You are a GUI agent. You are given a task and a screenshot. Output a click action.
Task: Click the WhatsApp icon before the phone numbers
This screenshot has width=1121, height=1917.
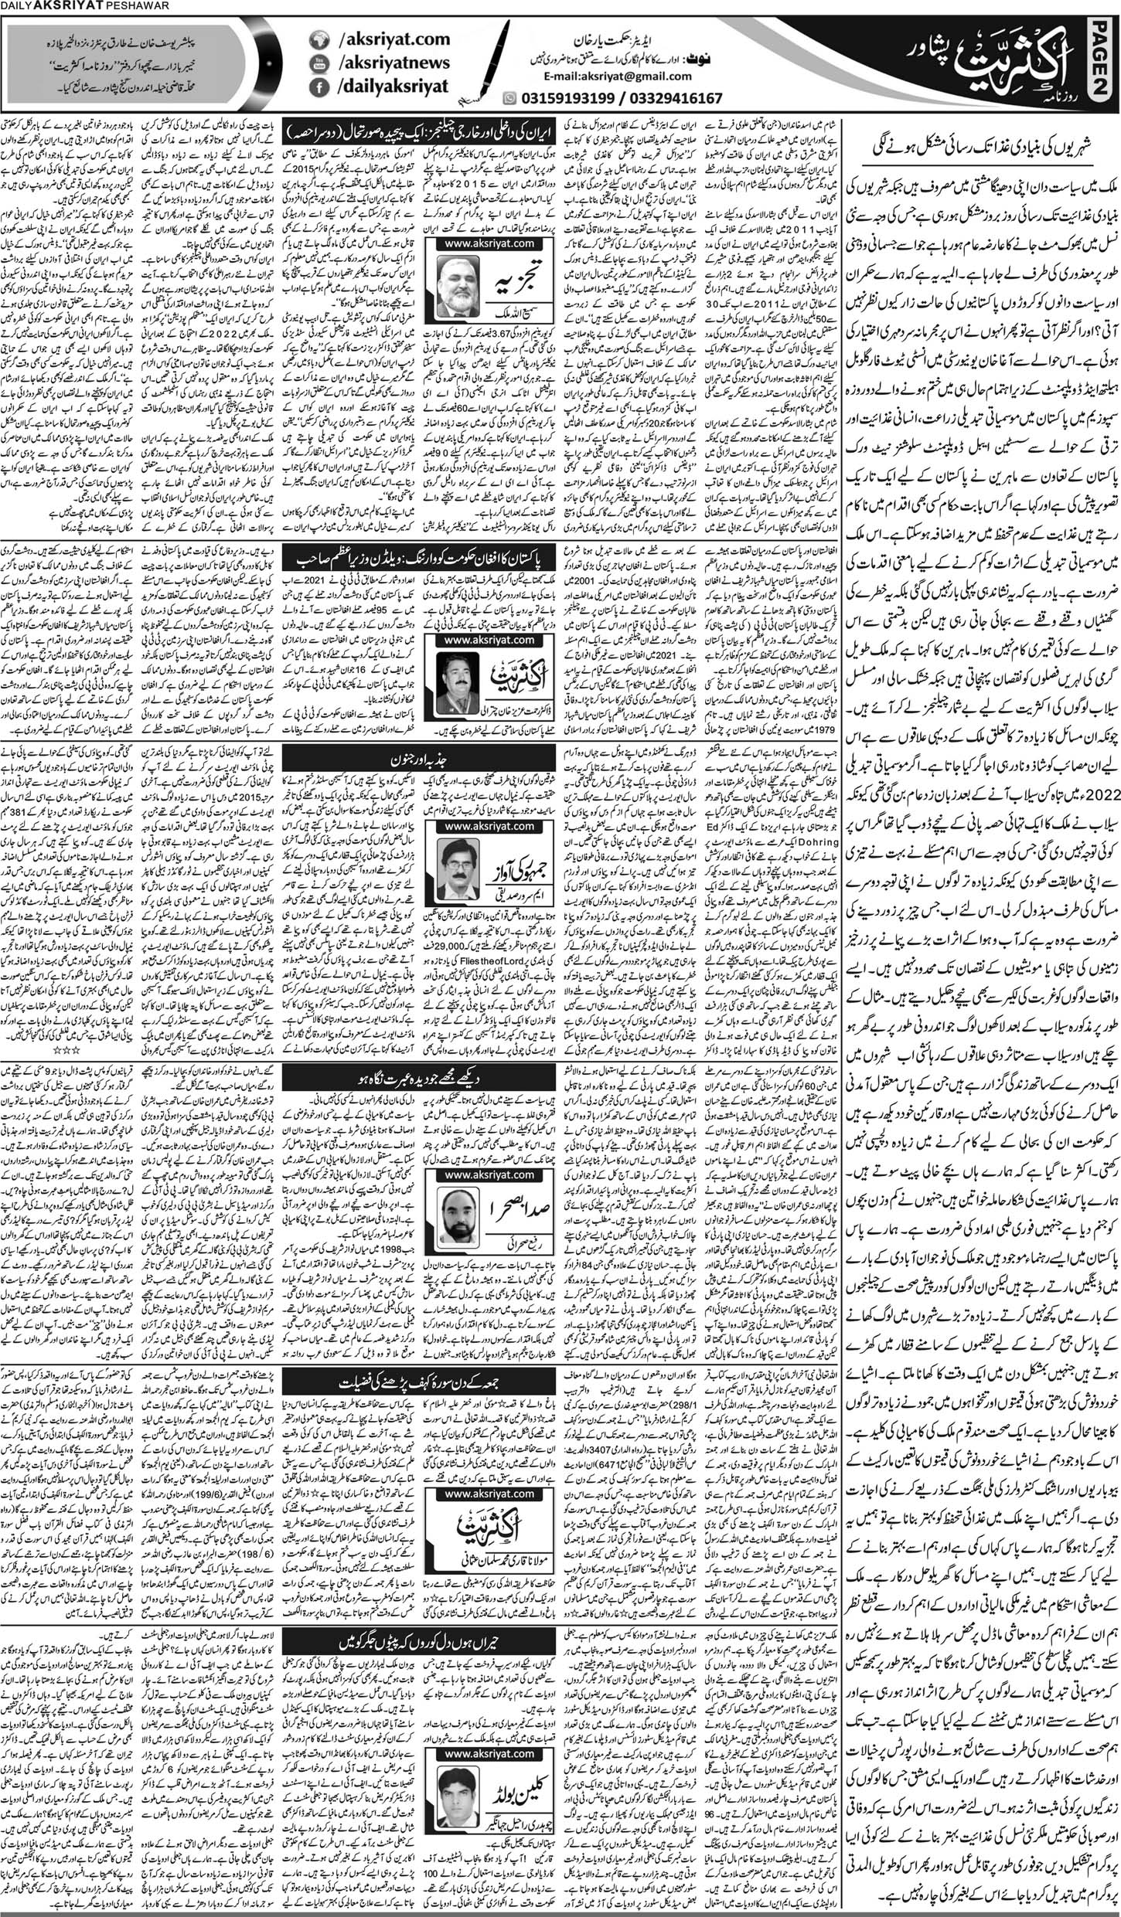pyautogui.click(x=508, y=98)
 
